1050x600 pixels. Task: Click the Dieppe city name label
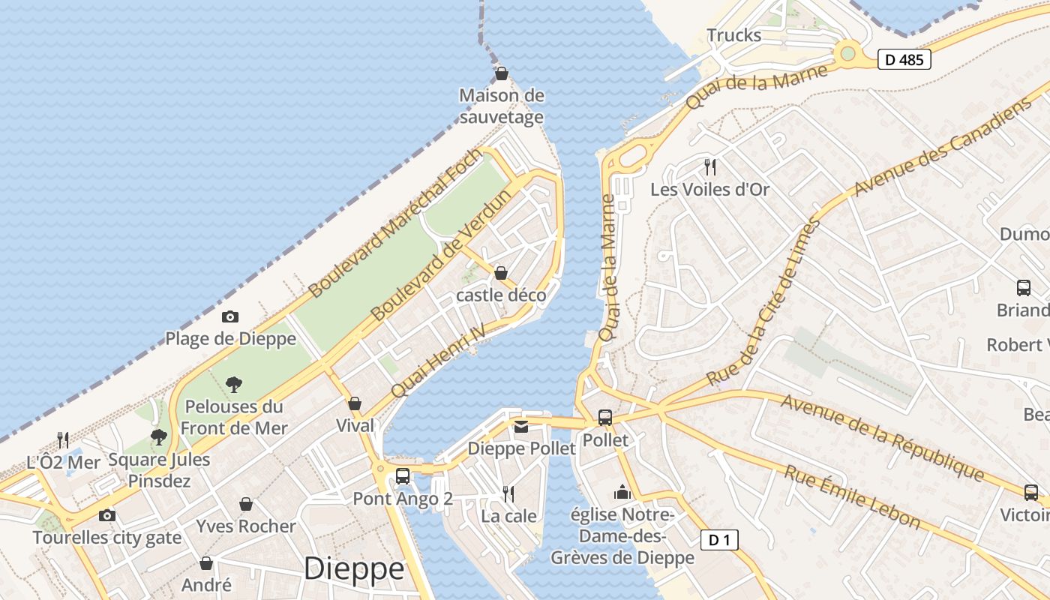(x=354, y=568)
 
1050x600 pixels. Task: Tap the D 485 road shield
(x=904, y=60)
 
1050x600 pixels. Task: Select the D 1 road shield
(x=719, y=539)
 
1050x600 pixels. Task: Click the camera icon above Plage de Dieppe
(x=230, y=317)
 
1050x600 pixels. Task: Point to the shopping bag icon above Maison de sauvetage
(x=501, y=73)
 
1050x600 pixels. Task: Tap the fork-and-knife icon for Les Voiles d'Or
(x=709, y=166)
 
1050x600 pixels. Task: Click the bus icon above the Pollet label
(x=605, y=418)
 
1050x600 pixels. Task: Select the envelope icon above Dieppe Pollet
(x=521, y=427)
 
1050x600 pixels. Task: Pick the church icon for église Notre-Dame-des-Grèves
(x=622, y=492)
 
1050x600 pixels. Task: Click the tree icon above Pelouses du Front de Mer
(x=234, y=385)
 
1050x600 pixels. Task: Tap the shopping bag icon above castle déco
(x=501, y=273)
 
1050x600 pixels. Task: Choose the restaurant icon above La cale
(x=508, y=493)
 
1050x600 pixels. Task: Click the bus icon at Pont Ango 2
(x=403, y=475)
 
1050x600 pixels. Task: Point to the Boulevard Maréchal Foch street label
(x=394, y=223)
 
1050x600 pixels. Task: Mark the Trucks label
(x=733, y=35)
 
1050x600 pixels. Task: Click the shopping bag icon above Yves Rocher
(x=245, y=504)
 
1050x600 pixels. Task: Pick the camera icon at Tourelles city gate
(x=107, y=515)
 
